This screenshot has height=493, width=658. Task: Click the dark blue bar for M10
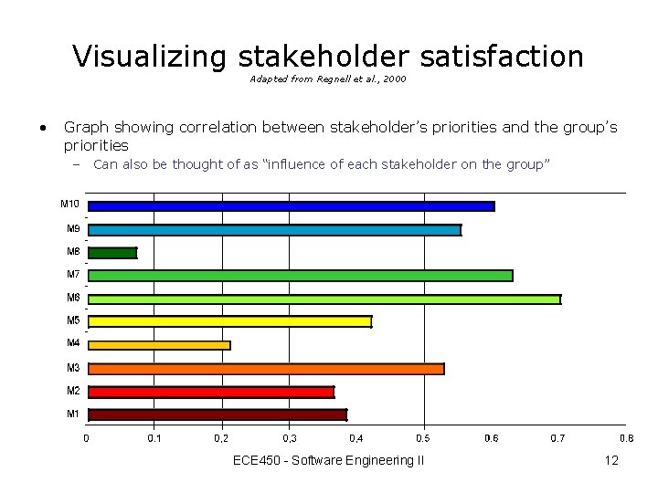coord(291,206)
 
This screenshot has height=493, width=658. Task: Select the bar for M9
coord(274,230)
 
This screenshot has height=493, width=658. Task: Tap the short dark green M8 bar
coord(112,253)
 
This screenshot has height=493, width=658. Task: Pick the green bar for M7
coord(300,276)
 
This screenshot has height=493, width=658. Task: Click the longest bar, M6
coord(324,299)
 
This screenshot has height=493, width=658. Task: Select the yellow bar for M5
coord(229,321)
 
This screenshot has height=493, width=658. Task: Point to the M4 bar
coord(159,345)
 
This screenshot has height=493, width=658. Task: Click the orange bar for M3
coord(266,369)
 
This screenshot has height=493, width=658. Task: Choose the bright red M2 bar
coord(211,392)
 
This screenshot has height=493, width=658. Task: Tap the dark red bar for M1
coord(218,414)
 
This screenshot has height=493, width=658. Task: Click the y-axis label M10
coord(70,204)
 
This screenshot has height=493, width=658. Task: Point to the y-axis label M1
coord(73,414)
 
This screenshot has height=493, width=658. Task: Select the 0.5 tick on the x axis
coord(423,438)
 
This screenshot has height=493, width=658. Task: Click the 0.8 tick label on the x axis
coord(626,438)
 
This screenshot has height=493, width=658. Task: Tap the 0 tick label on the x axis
coord(87,438)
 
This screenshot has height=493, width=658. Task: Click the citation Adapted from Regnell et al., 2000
coord(328,79)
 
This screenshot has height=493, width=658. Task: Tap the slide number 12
coord(611,460)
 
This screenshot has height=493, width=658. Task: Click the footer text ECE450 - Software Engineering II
coord(328,460)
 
